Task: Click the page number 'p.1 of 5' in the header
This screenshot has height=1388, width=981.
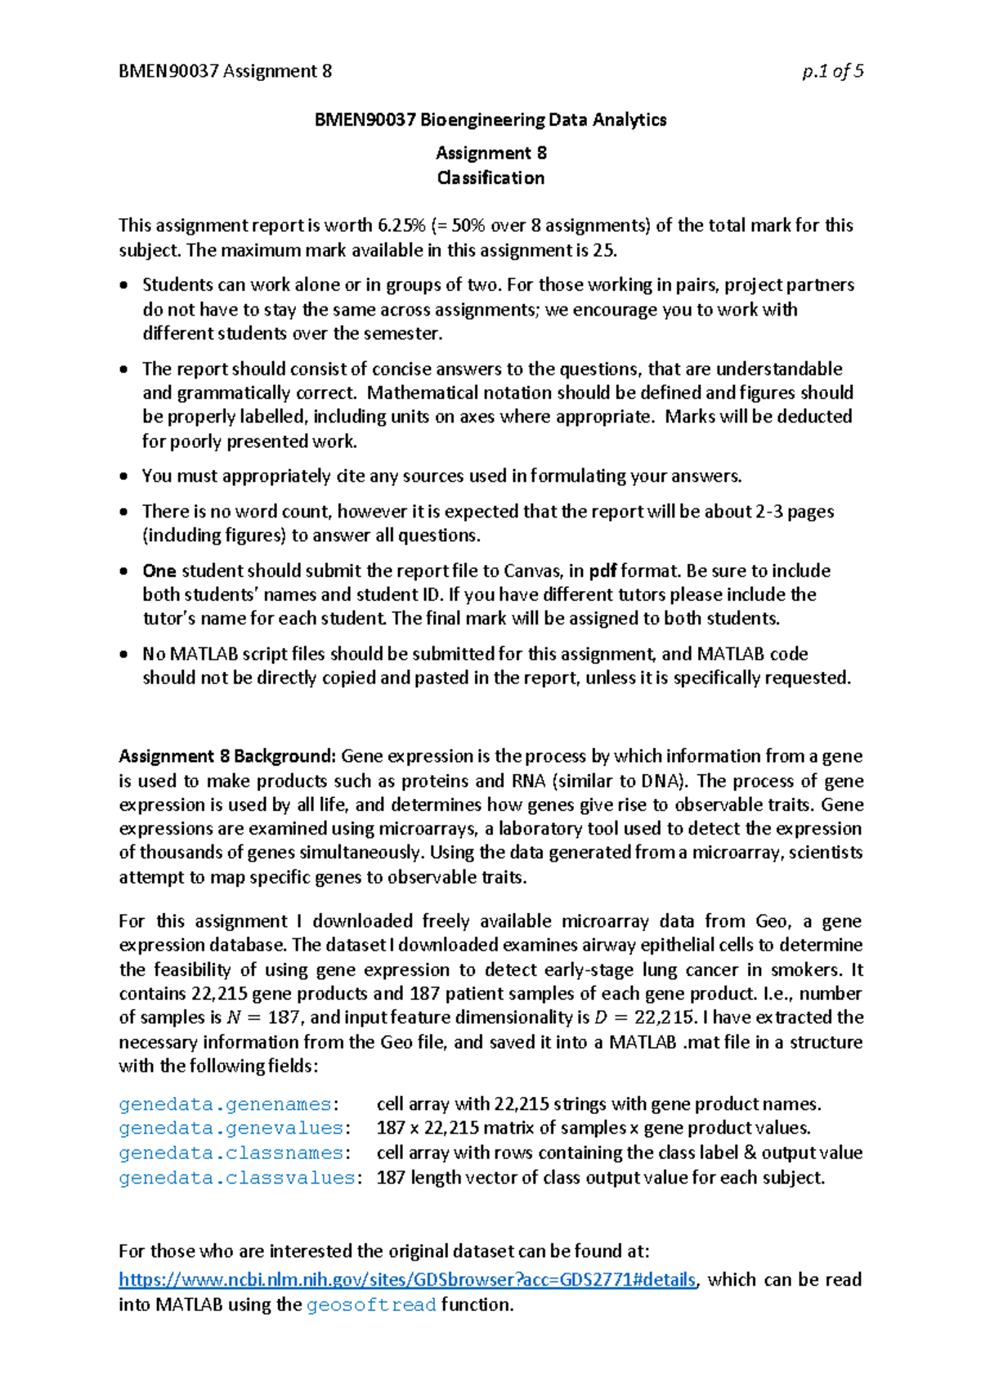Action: tap(832, 71)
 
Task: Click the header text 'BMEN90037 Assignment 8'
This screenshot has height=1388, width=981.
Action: tap(225, 71)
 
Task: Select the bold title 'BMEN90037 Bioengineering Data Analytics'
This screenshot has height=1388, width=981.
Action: tap(490, 120)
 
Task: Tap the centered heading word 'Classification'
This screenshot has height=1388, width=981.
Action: tap(490, 177)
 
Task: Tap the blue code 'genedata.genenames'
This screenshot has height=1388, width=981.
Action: tap(225, 1104)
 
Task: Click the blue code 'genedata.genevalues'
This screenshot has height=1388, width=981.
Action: tap(231, 1128)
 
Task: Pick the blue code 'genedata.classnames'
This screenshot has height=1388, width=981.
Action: tap(231, 1153)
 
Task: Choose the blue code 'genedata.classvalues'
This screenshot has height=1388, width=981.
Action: tap(236, 1178)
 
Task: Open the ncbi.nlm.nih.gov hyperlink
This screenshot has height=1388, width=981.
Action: tap(407, 1280)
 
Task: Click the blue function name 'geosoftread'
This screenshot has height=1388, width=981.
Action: tap(371, 1305)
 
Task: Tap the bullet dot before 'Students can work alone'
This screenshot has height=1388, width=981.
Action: tap(123, 285)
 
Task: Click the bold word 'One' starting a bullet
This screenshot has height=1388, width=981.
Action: tap(159, 571)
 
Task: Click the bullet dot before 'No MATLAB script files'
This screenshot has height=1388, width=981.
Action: tap(123, 654)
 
